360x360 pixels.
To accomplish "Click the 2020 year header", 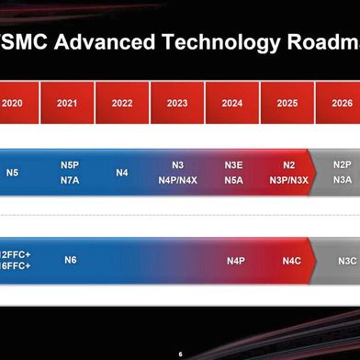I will click(x=12, y=104).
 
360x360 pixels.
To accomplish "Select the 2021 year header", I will click(x=67, y=104).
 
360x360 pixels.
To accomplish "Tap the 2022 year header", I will click(x=122, y=104).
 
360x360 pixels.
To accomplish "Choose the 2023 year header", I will click(x=177, y=104).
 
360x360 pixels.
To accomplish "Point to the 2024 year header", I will click(x=232, y=104).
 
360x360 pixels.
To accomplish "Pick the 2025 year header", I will click(x=287, y=104).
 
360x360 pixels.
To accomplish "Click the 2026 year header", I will click(x=340, y=104).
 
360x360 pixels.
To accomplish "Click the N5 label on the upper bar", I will click(x=12, y=173).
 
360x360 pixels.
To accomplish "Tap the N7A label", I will click(x=70, y=181).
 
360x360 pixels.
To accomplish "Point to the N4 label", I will click(x=122, y=173).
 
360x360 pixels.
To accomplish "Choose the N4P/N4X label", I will click(x=177, y=181).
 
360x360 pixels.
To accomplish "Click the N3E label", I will click(x=233, y=165).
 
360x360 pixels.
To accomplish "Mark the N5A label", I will click(x=233, y=181).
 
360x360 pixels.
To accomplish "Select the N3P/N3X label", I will click(x=288, y=181).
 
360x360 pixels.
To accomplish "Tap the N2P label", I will click(x=343, y=165).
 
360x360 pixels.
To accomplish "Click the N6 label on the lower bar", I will click(x=70, y=261).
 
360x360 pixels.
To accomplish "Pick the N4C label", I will click(x=292, y=261).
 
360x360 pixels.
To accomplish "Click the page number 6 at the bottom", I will click(x=180, y=354).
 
